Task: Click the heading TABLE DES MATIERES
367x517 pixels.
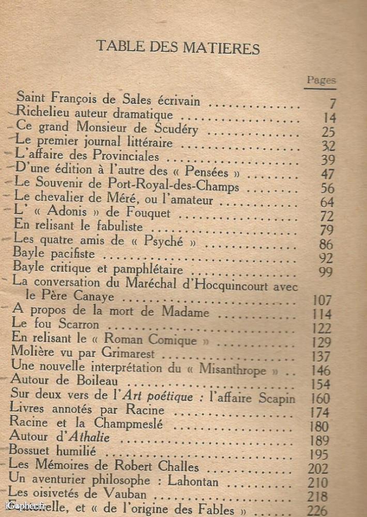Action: (177, 48)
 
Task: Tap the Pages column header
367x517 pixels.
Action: (321, 80)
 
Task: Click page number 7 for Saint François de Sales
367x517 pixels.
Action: (332, 104)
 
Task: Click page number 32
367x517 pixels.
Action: (328, 146)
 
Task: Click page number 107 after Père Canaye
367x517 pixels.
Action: (323, 300)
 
